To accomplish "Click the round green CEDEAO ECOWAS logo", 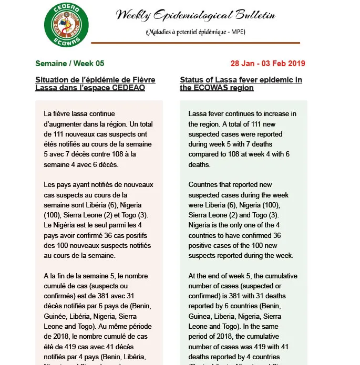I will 66,24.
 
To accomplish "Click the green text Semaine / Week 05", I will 70,64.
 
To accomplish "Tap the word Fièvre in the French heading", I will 142,79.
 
